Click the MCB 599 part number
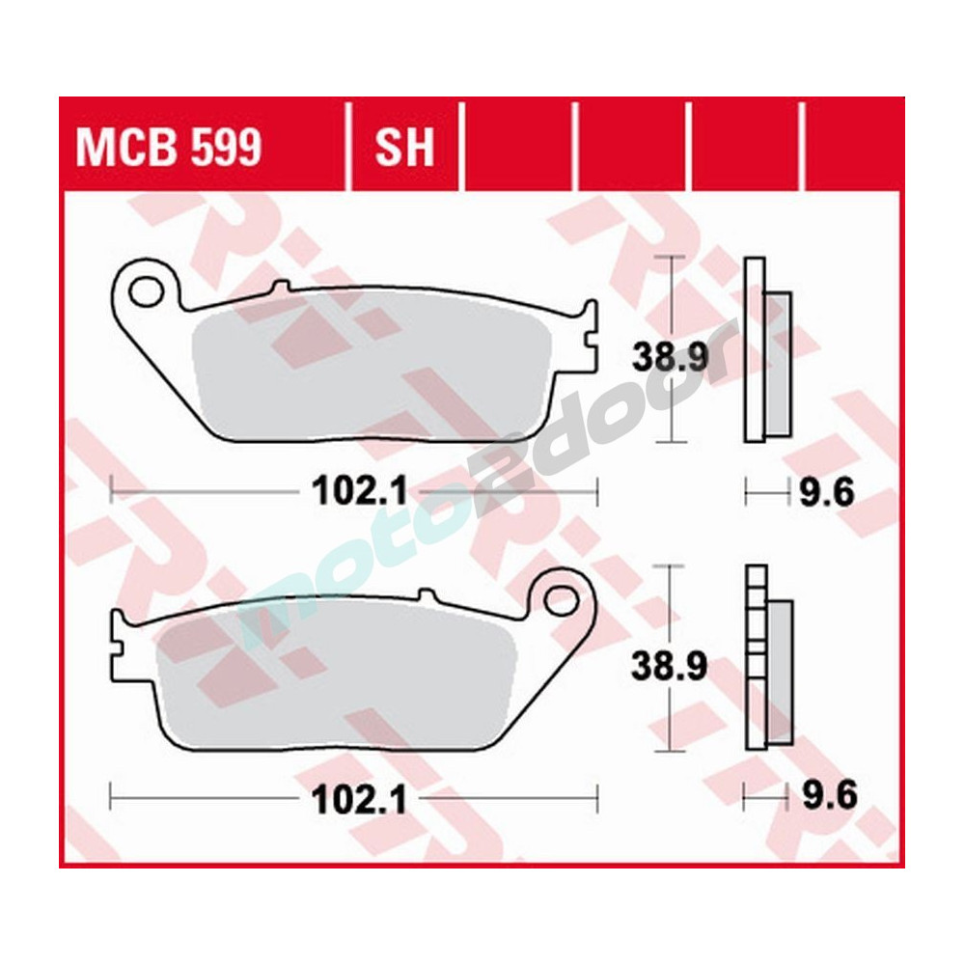tap(168, 149)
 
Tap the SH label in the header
tap(404, 149)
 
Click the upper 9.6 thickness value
tap(828, 493)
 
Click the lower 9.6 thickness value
tap(828, 799)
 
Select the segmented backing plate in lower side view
tap(754, 656)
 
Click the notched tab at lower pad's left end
tap(121, 641)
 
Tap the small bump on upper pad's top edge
tap(281, 288)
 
